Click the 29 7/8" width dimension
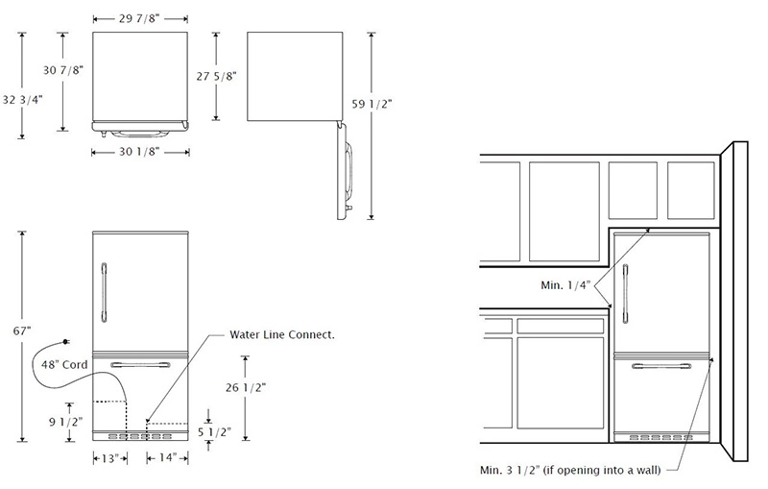click(140, 19)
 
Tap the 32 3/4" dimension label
click(22, 99)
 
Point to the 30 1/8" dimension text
click(140, 151)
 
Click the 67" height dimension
click(23, 330)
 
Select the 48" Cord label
click(64, 365)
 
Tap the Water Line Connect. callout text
click(281, 335)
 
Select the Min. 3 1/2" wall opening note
click(577, 471)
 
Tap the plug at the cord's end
click(63, 341)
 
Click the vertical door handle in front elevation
click(101, 291)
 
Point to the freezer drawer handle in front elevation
click(140, 364)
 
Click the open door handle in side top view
click(350, 173)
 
